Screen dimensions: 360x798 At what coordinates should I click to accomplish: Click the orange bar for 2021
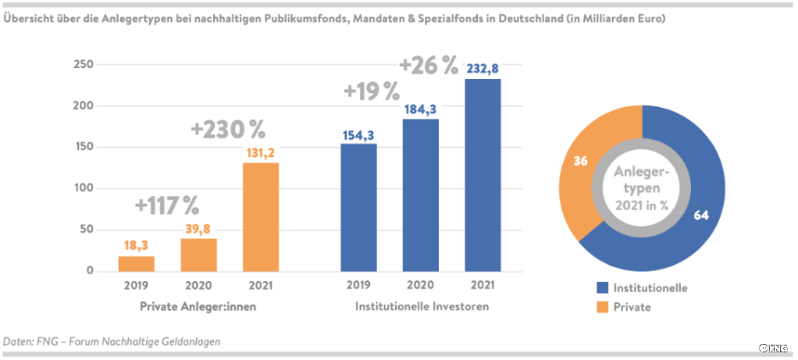click(x=261, y=217)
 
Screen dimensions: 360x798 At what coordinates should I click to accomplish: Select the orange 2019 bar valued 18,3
click(x=137, y=263)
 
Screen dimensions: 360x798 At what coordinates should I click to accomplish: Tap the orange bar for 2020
click(x=199, y=255)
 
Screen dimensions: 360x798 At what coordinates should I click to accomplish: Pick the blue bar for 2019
click(x=358, y=207)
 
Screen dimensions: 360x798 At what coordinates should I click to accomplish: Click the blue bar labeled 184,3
click(x=420, y=195)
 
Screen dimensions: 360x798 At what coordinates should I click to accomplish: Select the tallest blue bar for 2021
click(x=482, y=175)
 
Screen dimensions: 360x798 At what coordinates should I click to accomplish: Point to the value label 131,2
click(x=261, y=153)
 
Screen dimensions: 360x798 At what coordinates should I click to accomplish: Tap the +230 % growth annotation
click(x=228, y=130)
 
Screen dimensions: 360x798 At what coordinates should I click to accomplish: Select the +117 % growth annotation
click(x=166, y=205)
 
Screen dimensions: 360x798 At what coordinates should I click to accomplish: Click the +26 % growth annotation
click(x=428, y=65)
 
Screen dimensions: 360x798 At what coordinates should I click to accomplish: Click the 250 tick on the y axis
click(x=82, y=65)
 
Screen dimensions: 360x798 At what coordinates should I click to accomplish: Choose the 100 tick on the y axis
click(x=82, y=188)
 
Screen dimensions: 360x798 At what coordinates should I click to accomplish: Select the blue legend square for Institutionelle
click(x=602, y=288)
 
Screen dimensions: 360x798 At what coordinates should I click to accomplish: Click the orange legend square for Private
click(x=602, y=307)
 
